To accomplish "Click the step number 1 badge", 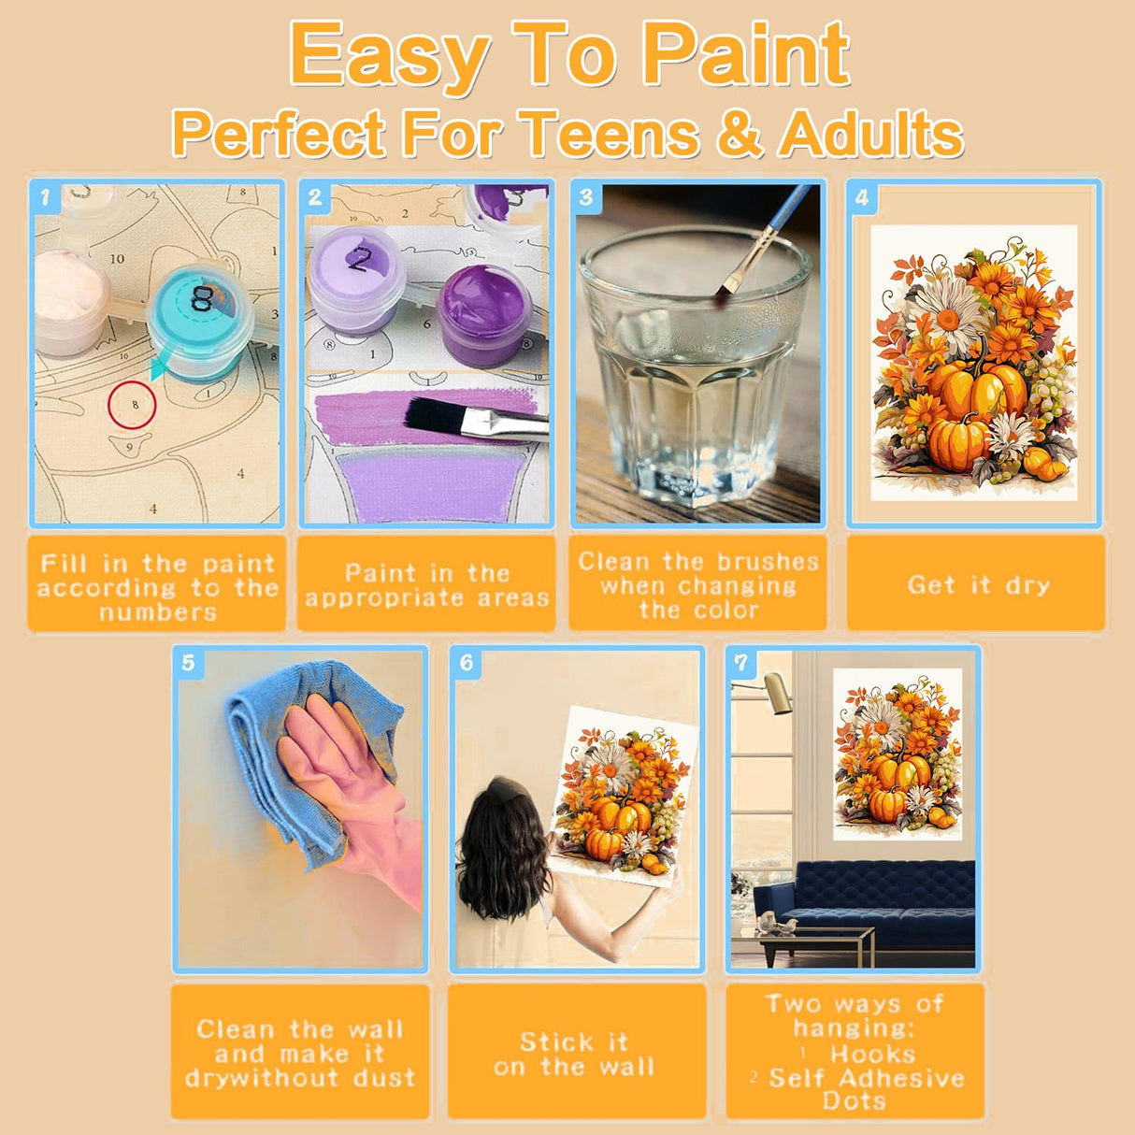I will pyautogui.click(x=44, y=196).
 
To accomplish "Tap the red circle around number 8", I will pyautogui.click(x=131, y=405).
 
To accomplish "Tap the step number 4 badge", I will pyautogui.click(x=862, y=196).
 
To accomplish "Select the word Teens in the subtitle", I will pyautogui.click(x=611, y=134).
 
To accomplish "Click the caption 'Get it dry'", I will pyautogui.click(x=978, y=585).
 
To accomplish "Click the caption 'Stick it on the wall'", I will pyautogui.click(x=574, y=1055).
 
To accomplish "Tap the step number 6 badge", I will pyautogui.click(x=467, y=663).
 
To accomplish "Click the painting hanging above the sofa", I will pyautogui.click(x=897, y=753).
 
